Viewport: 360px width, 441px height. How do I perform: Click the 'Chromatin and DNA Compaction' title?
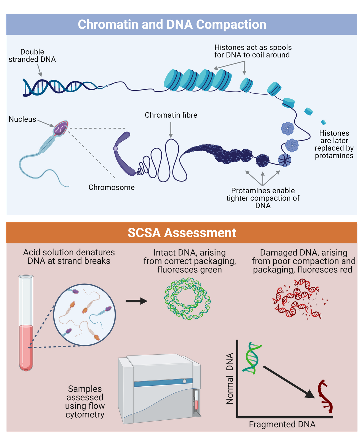pos(172,24)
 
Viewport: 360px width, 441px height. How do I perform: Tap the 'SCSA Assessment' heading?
pos(182,233)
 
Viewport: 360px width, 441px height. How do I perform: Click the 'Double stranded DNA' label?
pos(32,56)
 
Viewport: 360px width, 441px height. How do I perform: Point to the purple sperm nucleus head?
pos(61,128)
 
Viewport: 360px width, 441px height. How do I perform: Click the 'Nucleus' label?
pos(22,119)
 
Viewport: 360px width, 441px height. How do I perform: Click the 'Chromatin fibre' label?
pos(171,115)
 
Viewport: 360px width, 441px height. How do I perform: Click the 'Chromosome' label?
pos(111,187)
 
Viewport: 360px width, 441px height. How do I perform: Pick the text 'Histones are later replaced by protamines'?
pos(334,144)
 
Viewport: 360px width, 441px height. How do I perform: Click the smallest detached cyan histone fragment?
pos(323,122)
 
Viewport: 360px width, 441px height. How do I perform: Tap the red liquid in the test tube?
pos(26,347)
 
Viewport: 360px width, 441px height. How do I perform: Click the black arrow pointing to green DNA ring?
pos(136,301)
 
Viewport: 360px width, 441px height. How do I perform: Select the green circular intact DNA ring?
pos(187,299)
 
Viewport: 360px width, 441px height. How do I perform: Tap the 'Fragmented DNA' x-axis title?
pos(282,424)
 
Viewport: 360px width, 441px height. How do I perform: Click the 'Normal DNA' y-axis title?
pos(230,379)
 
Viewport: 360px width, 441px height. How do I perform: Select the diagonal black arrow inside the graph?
pos(288,382)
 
